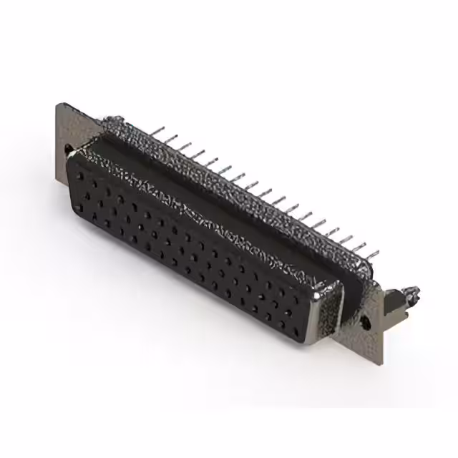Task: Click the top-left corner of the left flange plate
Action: click(57, 104)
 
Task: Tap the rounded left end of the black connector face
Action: click(72, 179)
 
